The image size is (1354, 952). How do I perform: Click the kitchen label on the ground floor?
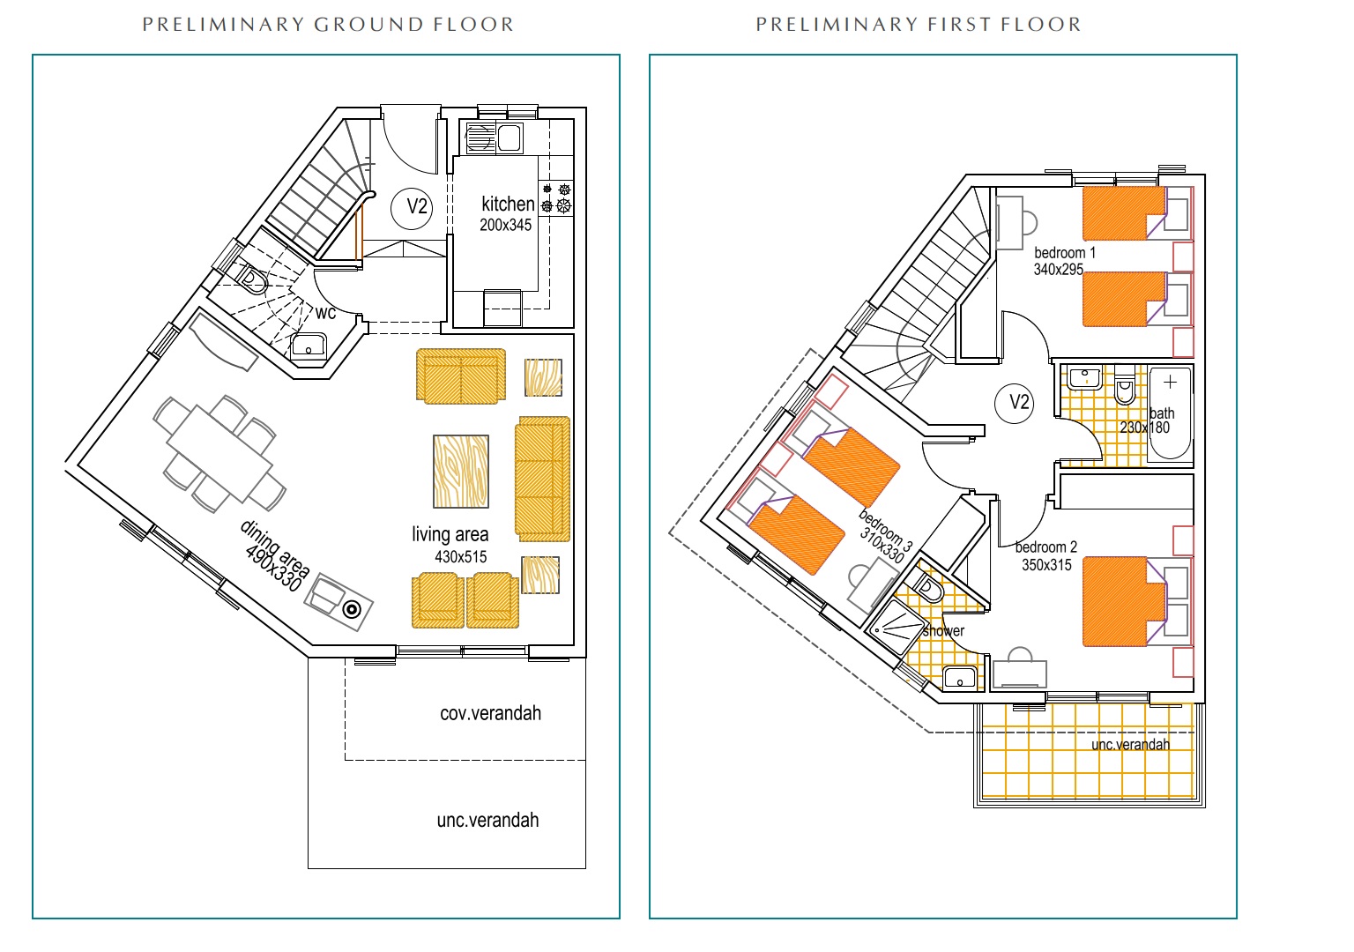(508, 204)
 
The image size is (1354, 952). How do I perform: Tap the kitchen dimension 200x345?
(505, 225)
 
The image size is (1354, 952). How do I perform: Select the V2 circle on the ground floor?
(413, 207)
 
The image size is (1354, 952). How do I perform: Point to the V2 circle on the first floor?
(1015, 403)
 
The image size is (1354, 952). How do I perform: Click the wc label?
(325, 313)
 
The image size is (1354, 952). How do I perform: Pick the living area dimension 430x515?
(461, 557)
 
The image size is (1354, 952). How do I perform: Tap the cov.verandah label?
(490, 713)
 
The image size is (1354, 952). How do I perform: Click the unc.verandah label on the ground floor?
(487, 821)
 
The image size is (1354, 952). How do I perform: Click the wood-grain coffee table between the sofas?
(461, 472)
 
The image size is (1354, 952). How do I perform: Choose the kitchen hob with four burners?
(555, 198)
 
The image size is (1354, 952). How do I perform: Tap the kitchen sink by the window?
(494, 138)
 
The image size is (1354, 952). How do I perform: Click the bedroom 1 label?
(1065, 253)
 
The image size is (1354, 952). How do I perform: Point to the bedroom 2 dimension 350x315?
(1046, 565)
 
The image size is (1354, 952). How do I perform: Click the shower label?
(943, 631)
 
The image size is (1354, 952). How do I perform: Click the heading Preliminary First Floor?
(919, 25)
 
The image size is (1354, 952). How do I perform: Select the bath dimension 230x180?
(1144, 428)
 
